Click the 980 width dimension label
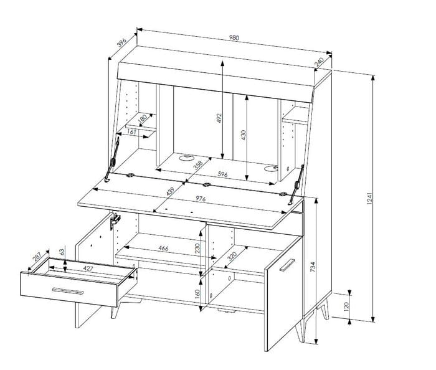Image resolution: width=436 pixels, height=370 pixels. tap(234, 37)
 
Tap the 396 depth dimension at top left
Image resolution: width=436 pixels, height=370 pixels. tap(121, 42)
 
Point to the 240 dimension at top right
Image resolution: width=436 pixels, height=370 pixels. tap(319, 62)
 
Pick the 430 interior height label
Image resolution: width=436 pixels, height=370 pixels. tap(244, 135)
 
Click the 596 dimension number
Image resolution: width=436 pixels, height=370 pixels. tap(222, 174)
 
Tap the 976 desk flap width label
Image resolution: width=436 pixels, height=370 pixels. tap(201, 199)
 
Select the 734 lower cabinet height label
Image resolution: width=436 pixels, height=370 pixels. tap(313, 267)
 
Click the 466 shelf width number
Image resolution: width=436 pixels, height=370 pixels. tap(163, 248)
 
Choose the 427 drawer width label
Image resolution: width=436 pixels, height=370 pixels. tap(88, 268)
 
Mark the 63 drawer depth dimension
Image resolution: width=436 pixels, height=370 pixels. tap(62, 252)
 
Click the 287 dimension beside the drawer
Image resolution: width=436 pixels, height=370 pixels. tap(37, 256)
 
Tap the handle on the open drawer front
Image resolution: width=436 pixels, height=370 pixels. tap(67, 291)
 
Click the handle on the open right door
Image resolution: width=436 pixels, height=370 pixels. tap(287, 265)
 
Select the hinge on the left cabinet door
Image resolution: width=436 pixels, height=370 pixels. tap(115, 221)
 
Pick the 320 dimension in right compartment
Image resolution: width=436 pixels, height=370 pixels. tap(232, 256)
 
